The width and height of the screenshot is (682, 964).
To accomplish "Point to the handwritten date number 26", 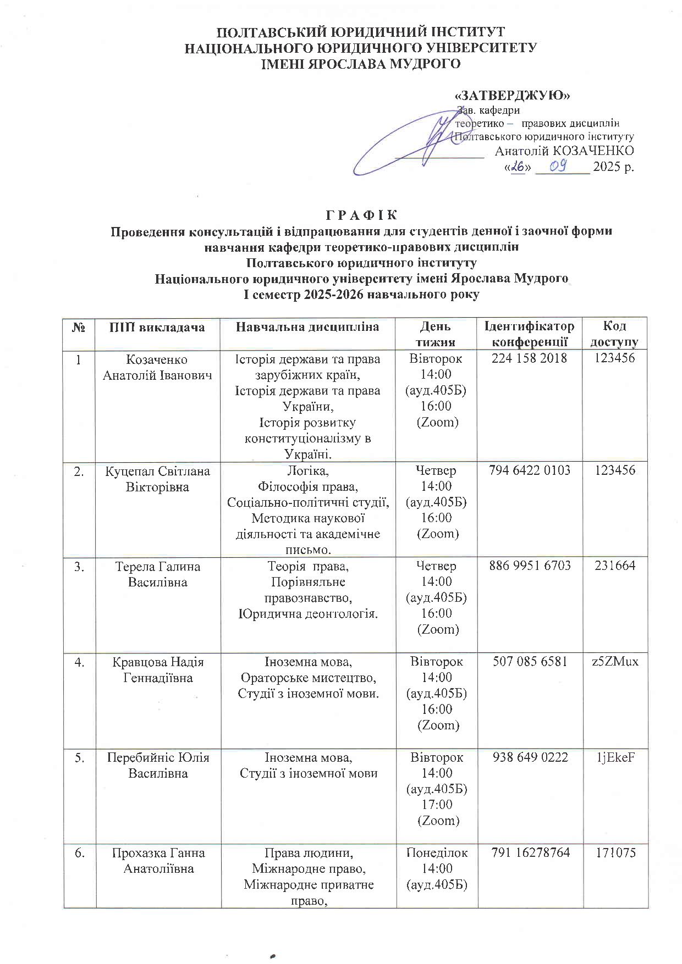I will pyautogui.click(x=518, y=167).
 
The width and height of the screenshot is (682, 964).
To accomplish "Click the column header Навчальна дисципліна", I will pyautogui.click(x=307, y=327).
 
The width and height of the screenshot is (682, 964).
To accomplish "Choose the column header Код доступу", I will pyautogui.click(x=614, y=334).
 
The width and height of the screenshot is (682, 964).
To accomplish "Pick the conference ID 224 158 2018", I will pyautogui.click(x=529, y=358).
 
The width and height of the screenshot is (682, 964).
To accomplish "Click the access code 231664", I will pyautogui.click(x=614, y=565).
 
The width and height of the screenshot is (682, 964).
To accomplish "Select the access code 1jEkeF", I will pyautogui.click(x=615, y=757).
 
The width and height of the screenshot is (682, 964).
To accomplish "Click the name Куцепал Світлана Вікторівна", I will pyautogui.click(x=157, y=479).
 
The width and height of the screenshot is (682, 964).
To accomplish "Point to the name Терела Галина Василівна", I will pyautogui.click(x=157, y=574).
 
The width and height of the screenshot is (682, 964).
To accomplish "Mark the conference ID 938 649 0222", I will pyautogui.click(x=529, y=757).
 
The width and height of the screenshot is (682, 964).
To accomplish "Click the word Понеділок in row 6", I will pyautogui.click(x=437, y=852).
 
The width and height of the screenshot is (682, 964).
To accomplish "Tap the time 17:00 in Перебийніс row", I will pyautogui.click(x=437, y=804).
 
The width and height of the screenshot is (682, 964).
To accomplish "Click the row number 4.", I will pyautogui.click(x=80, y=662).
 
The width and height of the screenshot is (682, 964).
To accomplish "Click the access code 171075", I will pyautogui.click(x=614, y=852).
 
